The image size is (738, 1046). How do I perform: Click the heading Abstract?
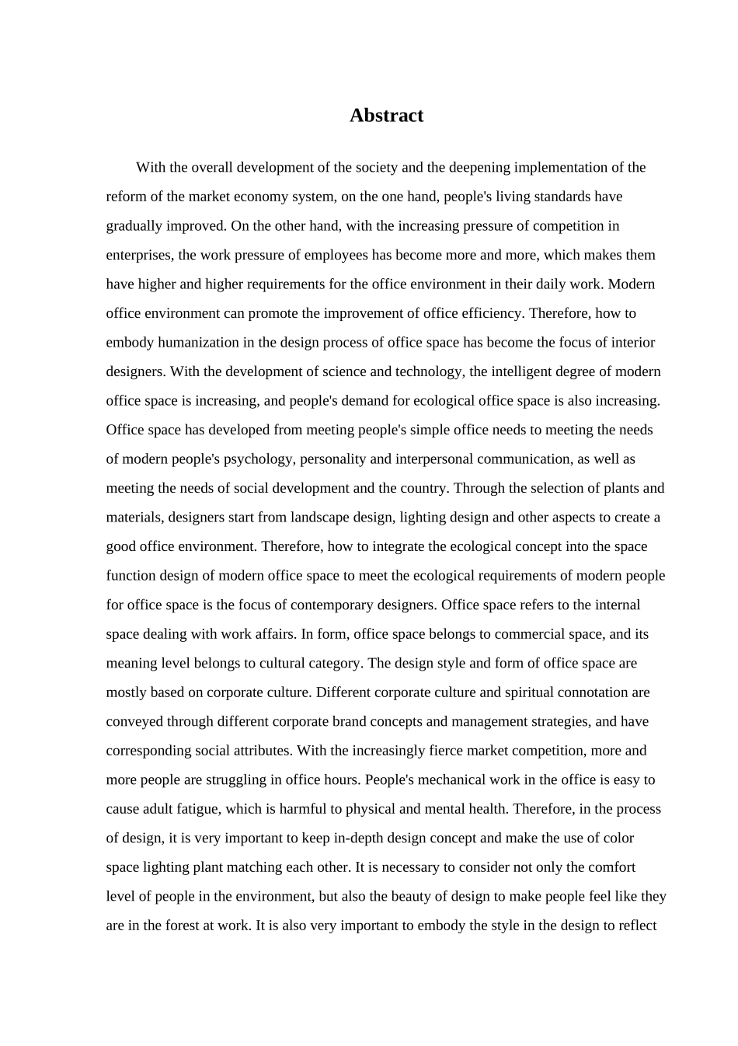(386, 116)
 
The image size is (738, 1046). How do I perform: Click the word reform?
(124, 197)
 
